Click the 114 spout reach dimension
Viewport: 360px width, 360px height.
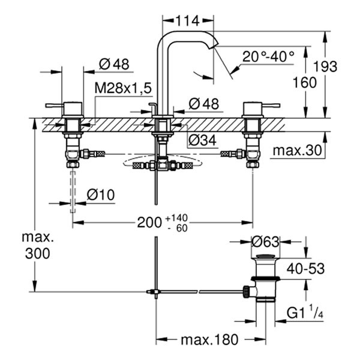coord(188,21)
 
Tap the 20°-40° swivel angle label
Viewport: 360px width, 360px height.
coord(268,56)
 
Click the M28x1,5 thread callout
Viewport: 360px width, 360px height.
coord(122,88)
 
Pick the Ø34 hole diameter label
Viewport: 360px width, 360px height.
coord(202,140)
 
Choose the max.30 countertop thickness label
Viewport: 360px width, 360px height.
coord(300,151)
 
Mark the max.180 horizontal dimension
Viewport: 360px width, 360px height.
coord(209,340)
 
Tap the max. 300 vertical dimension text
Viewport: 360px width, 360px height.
coord(37,244)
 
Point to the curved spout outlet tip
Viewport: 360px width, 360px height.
coord(214,44)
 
